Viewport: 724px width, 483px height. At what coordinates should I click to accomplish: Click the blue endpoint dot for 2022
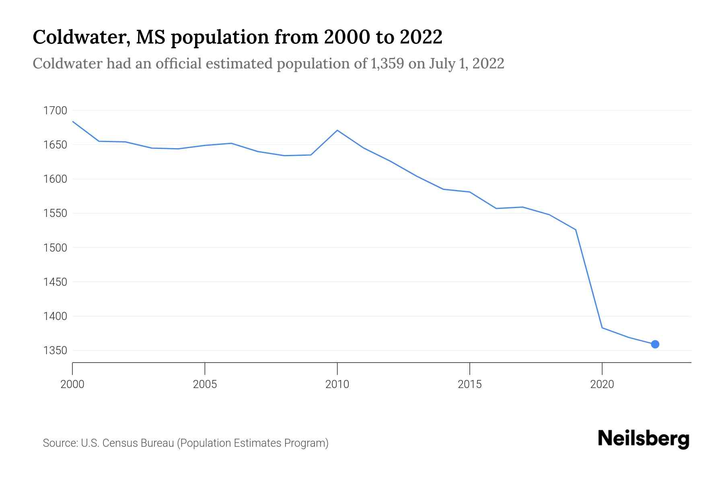(x=655, y=344)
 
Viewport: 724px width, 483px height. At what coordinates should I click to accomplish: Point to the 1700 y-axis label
(x=55, y=110)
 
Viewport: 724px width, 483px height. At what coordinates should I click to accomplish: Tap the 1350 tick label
(x=55, y=351)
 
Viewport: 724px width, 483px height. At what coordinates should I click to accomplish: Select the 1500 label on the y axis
(x=55, y=248)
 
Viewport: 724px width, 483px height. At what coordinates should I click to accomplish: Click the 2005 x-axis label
(x=205, y=384)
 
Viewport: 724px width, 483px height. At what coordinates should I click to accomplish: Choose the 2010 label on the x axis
(x=337, y=384)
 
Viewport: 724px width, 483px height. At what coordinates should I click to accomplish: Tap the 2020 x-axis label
(x=602, y=384)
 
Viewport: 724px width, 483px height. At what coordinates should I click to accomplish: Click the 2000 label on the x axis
(x=72, y=384)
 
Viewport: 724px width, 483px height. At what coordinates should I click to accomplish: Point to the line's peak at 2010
(x=337, y=130)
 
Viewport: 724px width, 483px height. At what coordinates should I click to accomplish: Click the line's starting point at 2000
(x=73, y=122)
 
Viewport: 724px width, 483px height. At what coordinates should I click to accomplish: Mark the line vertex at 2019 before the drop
(x=576, y=230)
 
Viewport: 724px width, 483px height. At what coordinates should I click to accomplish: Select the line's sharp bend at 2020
(x=602, y=328)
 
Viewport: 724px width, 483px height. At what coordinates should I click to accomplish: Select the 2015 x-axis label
(x=469, y=384)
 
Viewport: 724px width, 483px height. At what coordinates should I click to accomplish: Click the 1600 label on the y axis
(x=55, y=179)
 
